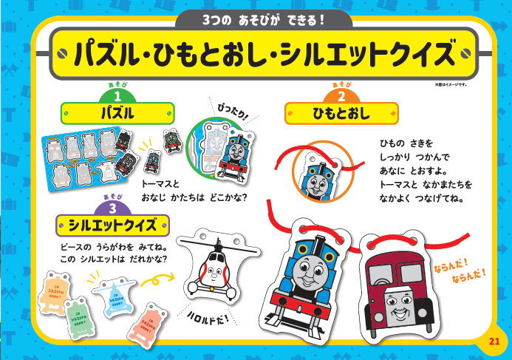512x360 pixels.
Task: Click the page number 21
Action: (494, 340)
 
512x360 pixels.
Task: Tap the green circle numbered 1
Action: (117, 96)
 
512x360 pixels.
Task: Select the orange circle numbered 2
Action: (341, 96)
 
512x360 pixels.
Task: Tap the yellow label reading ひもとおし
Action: (341, 114)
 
